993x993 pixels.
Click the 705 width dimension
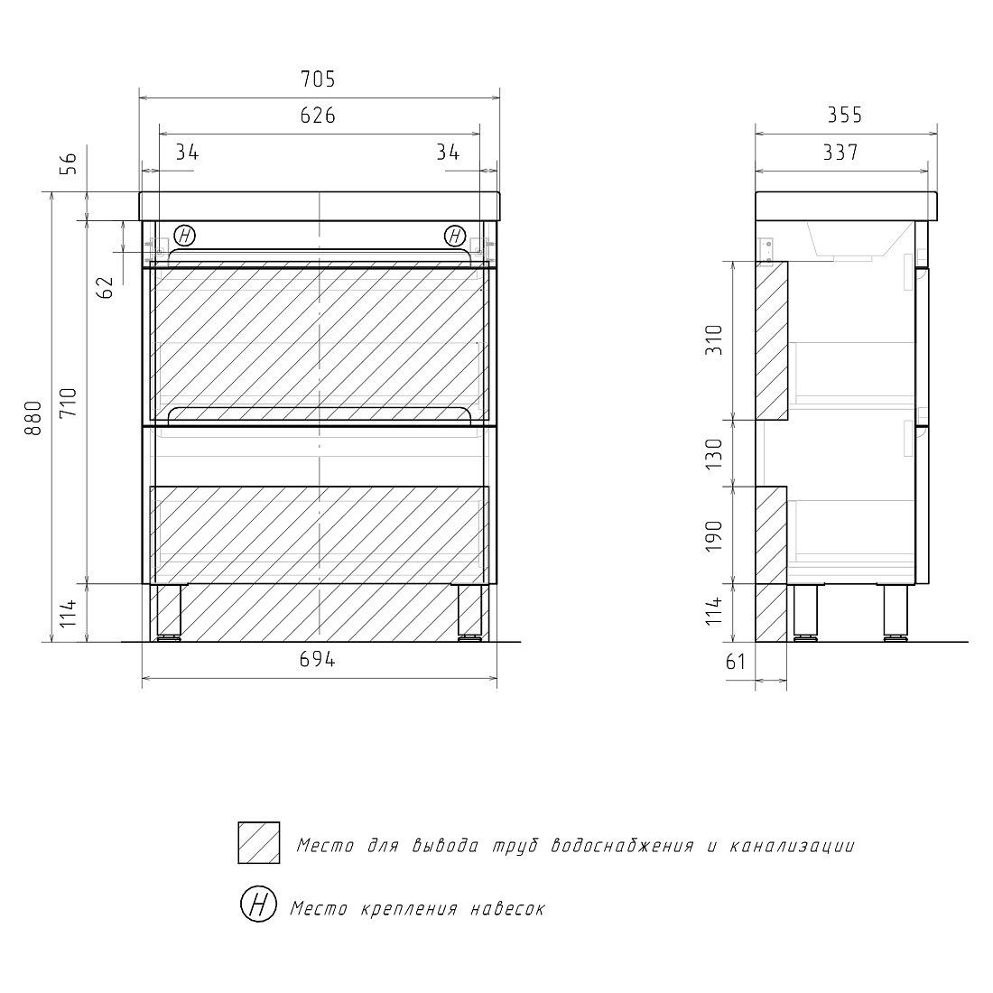(318, 79)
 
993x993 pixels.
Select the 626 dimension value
(318, 116)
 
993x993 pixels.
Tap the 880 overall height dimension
(32, 418)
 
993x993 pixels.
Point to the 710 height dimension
(69, 402)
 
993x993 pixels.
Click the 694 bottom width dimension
(317, 659)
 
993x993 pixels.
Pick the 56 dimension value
(69, 163)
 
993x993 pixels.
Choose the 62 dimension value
(105, 287)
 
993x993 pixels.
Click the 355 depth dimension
(845, 116)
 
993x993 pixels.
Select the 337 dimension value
(840, 153)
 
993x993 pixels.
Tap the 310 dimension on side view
(714, 340)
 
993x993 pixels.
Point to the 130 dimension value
(714, 453)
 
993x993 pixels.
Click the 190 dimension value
(714, 535)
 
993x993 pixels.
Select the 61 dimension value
(735, 662)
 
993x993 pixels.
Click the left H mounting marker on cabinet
(184, 237)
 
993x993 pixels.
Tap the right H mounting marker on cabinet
(455, 237)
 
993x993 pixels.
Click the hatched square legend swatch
(259, 843)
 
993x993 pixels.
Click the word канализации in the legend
(792, 846)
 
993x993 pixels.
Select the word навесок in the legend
(507, 909)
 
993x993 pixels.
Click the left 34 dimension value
(187, 153)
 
